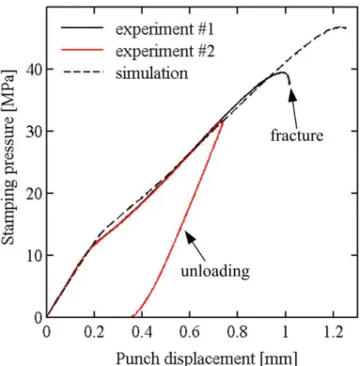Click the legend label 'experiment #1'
(x=164, y=29)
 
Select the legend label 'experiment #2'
(x=165, y=51)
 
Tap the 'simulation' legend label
(x=152, y=73)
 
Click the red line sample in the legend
(x=82, y=50)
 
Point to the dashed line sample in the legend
(x=82, y=72)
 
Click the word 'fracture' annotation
(x=297, y=135)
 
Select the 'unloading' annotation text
(x=215, y=270)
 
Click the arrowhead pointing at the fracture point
(x=291, y=94)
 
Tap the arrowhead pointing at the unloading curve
(x=190, y=237)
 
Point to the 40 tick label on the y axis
(x=35, y=69)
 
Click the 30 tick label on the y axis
(x=35, y=131)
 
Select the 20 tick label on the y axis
(x=35, y=193)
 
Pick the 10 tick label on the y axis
(x=35, y=255)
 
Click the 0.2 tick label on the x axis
(x=94, y=332)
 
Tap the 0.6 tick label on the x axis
(x=190, y=332)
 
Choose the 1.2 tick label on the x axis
(x=333, y=332)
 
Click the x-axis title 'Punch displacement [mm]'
(x=206, y=358)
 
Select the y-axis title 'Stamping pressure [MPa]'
(x=8, y=157)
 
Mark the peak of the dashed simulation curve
(x=340, y=27)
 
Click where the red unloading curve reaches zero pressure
(x=133, y=316)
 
